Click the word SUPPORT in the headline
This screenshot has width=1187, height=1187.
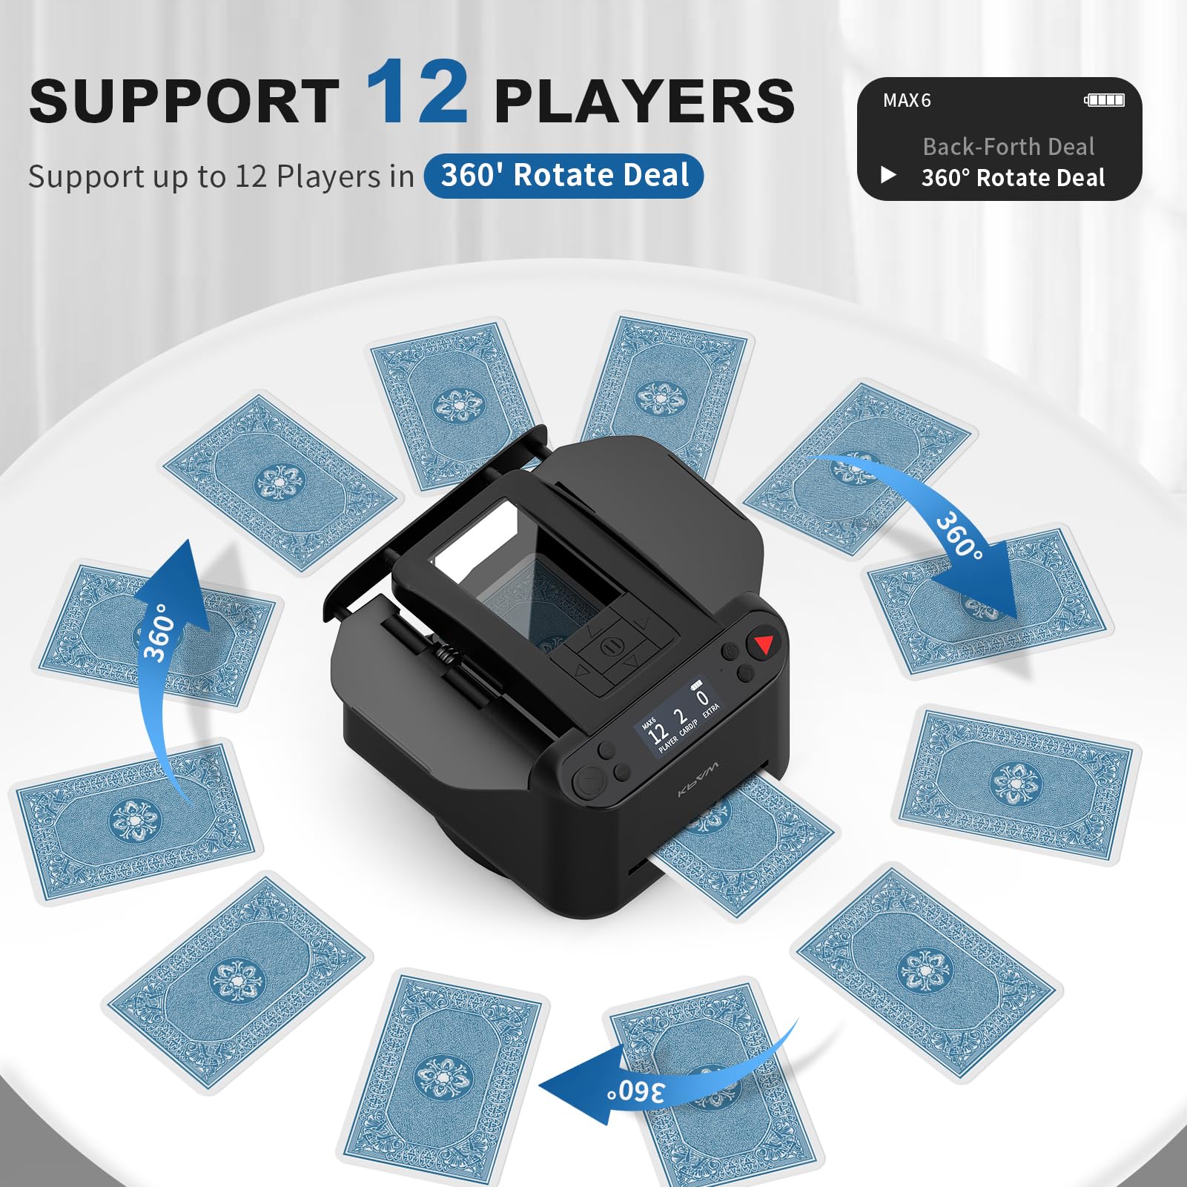pyautogui.click(x=184, y=102)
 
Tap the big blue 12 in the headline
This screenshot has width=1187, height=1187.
pyautogui.click(x=417, y=93)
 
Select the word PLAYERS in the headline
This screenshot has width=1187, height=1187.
pyautogui.click(x=644, y=102)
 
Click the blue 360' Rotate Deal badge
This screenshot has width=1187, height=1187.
pyautogui.click(x=563, y=176)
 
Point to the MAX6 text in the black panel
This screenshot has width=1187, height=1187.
pyautogui.click(x=906, y=100)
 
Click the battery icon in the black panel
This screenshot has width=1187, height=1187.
pyautogui.click(x=1104, y=100)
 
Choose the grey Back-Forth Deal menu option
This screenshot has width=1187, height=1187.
pyautogui.click(x=1008, y=147)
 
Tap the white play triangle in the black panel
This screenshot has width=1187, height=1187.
pyautogui.click(x=888, y=176)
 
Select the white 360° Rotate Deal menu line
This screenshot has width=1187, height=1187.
pyautogui.click(x=1013, y=178)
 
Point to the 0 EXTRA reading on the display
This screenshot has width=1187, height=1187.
pyautogui.click(x=704, y=701)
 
